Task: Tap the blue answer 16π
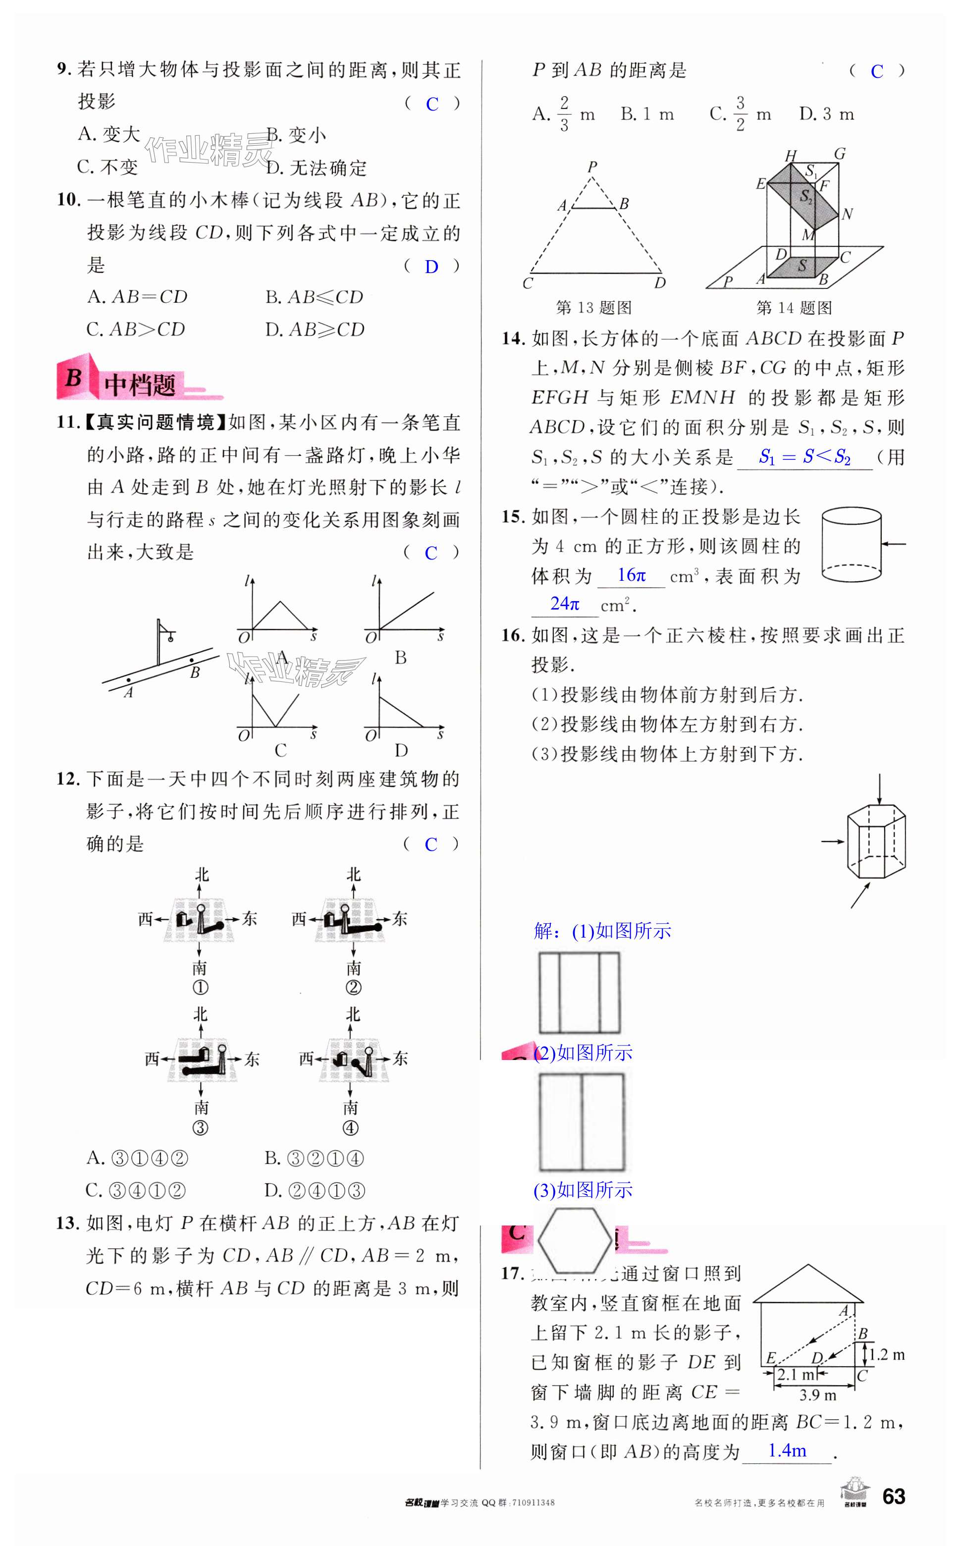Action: pyautogui.click(x=631, y=575)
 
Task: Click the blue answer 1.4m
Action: pyautogui.click(x=787, y=1450)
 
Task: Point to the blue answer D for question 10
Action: pyautogui.click(x=431, y=267)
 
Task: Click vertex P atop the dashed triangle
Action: pyautogui.click(x=592, y=167)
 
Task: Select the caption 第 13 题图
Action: pyautogui.click(x=593, y=308)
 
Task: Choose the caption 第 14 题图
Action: pyautogui.click(x=794, y=308)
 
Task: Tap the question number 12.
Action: pyautogui.click(x=68, y=779)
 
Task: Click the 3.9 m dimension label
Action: pyautogui.click(x=818, y=1395)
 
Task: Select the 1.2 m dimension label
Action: pyautogui.click(x=887, y=1355)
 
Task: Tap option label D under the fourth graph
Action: pyautogui.click(x=401, y=751)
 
